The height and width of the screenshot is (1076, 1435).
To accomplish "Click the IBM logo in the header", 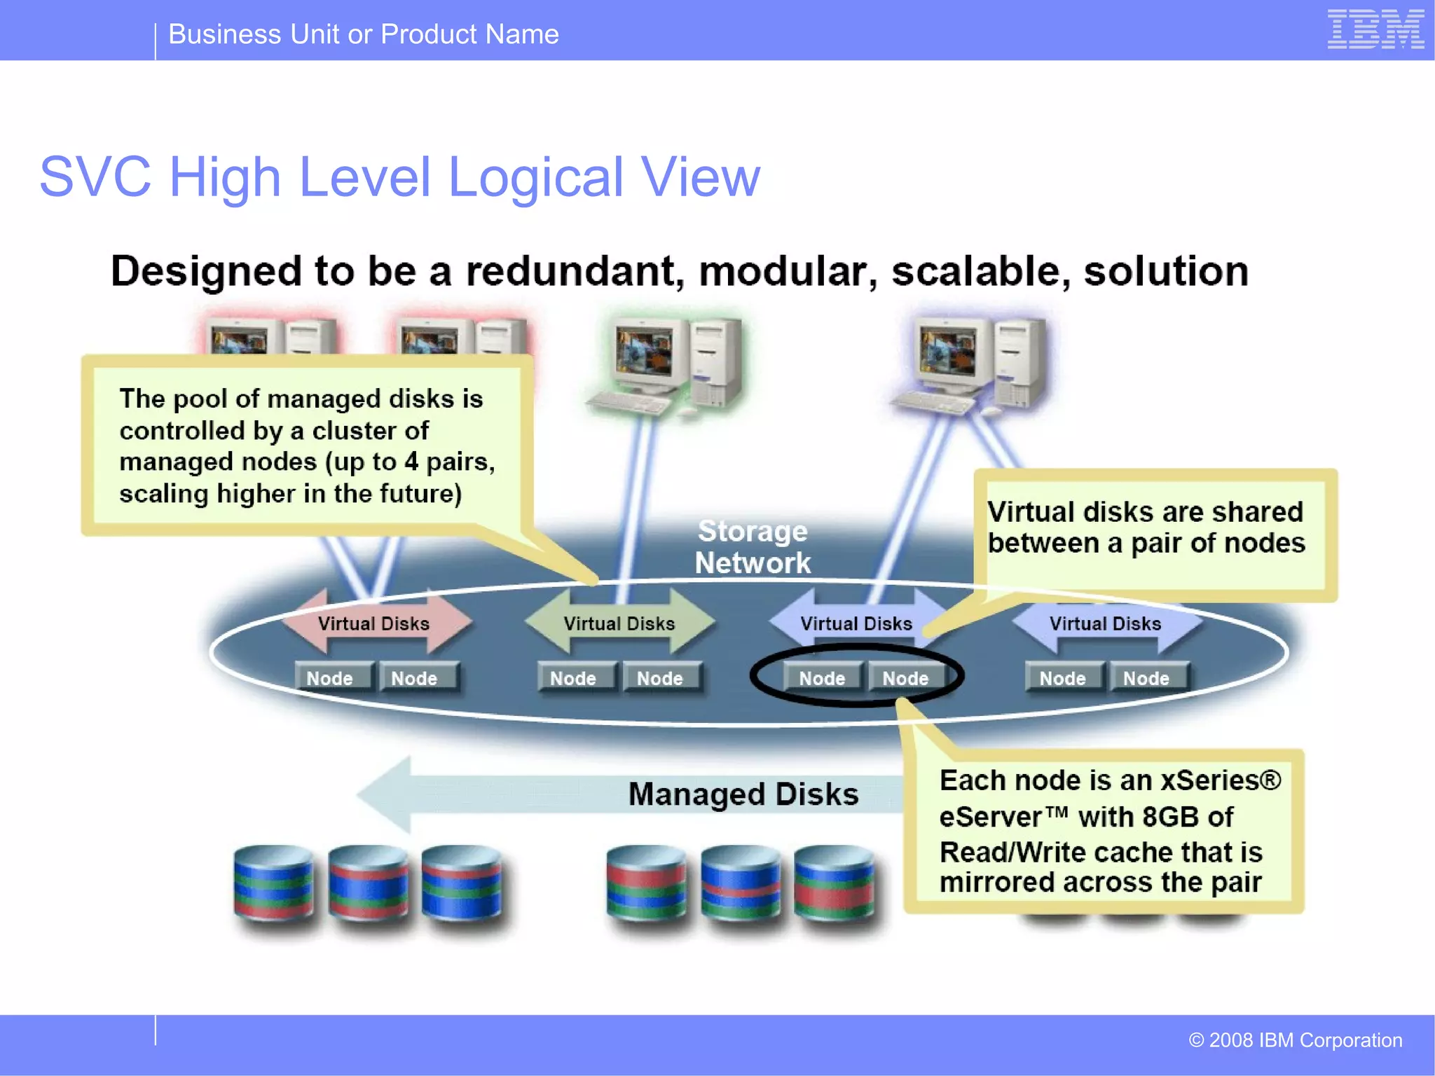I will tap(1375, 29).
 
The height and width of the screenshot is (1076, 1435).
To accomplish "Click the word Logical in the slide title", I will tap(535, 177).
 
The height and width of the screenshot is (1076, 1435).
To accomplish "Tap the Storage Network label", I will tap(753, 547).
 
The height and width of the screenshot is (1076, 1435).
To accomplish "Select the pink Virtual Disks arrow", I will tap(374, 623).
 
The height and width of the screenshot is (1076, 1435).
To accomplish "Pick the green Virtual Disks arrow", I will tap(619, 623).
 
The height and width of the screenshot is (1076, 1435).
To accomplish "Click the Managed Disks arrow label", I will tap(743, 794).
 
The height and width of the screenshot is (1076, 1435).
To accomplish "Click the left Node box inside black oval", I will tap(822, 678).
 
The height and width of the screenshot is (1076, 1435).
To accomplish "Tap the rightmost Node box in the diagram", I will tap(1146, 678).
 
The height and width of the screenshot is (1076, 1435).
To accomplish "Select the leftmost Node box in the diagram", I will tap(330, 678).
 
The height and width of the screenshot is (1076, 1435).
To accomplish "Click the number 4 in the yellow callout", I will tap(411, 462).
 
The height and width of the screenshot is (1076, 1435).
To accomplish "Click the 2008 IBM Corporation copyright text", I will tap(1296, 1040).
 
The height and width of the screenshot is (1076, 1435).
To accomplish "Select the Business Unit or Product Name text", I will tap(364, 34).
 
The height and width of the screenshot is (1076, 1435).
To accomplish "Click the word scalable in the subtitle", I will tap(981, 272).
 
